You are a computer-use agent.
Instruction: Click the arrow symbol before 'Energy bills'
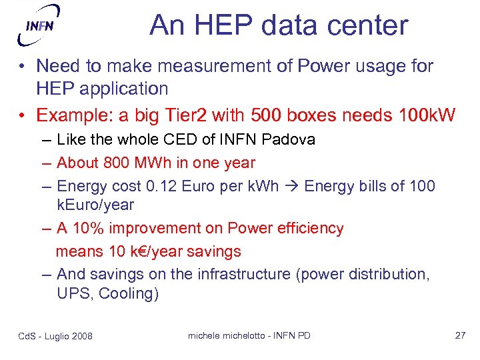293,185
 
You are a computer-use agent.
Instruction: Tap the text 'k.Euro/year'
95,205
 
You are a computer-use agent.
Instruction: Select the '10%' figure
89,228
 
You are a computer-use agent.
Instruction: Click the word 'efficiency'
307,228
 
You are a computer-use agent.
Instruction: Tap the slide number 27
460,335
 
